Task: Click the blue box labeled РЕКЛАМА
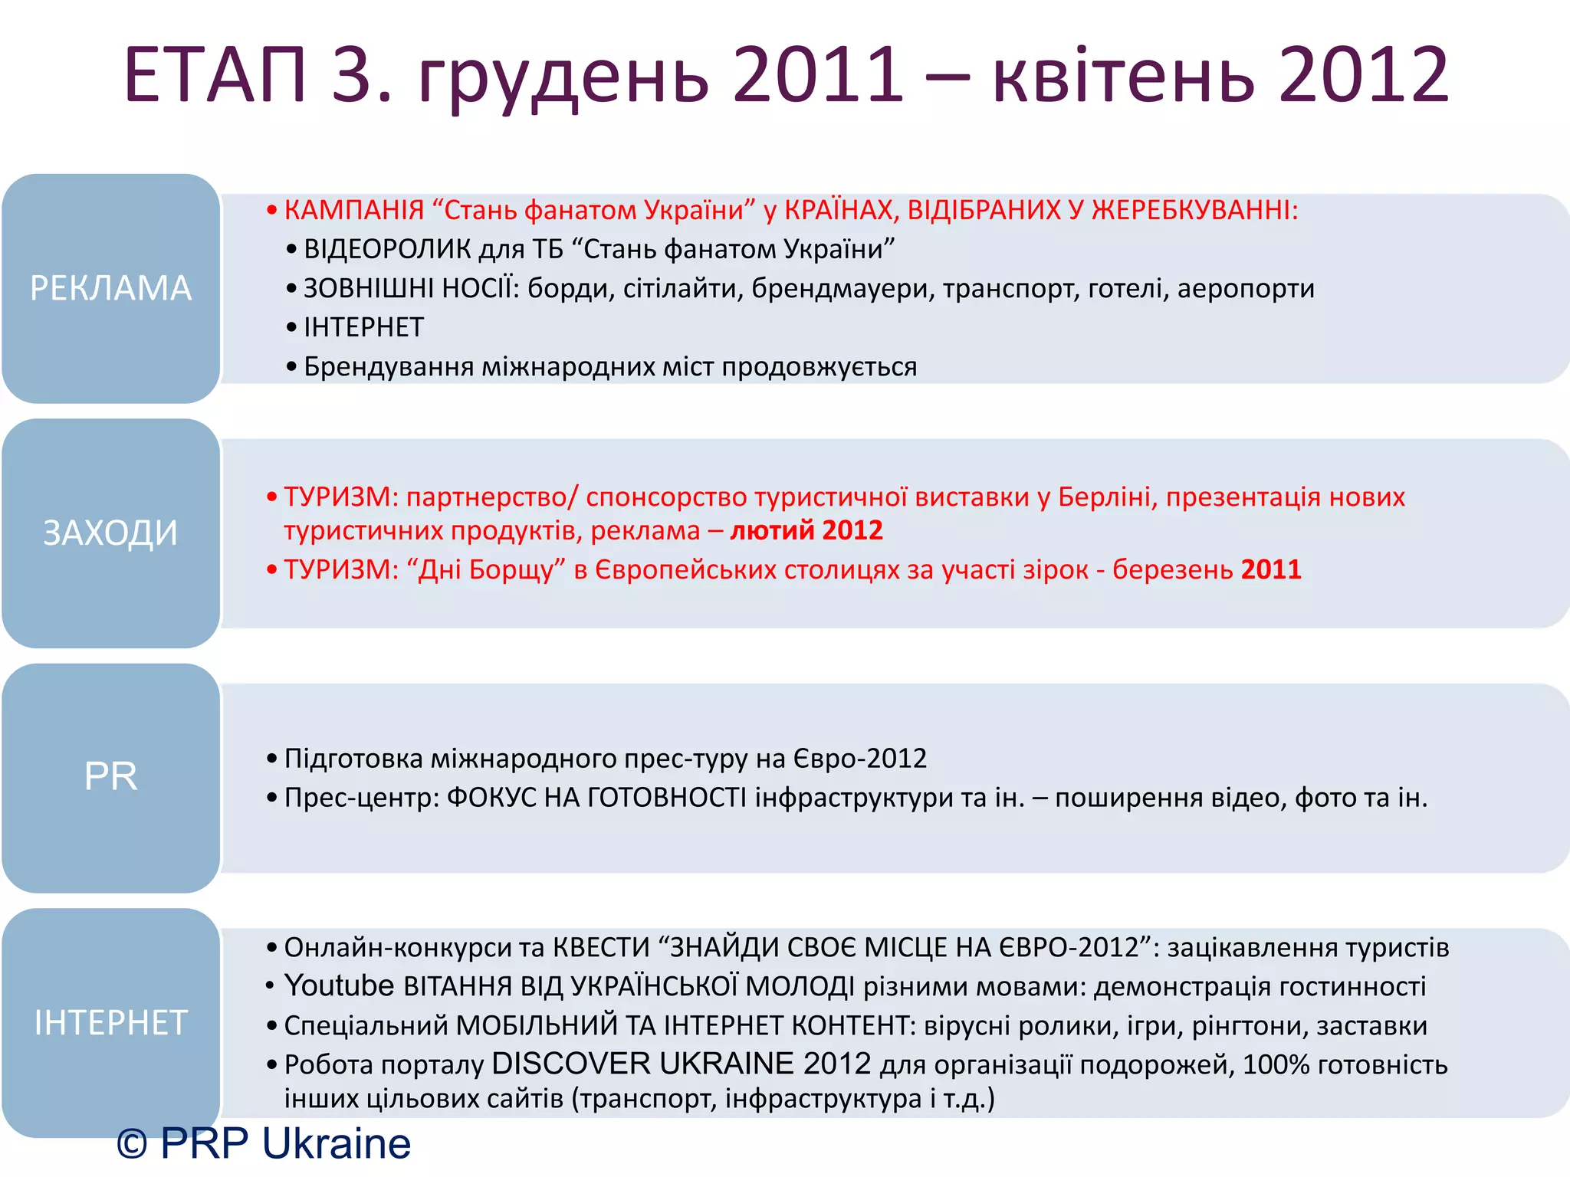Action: point(110,288)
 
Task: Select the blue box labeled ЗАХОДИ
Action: point(110,533)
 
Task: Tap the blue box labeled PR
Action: point(110,777)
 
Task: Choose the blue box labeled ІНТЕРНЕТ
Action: point(110,1022)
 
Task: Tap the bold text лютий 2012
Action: point(806,530)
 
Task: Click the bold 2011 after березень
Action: point(1271,569)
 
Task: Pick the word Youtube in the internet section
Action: point(339,985)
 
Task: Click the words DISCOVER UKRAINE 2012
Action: point(682,1064)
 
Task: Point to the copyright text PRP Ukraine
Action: point(264,1143)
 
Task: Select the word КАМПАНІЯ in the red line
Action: point(354,210)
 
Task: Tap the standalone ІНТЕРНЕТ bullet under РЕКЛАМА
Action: point(363,328)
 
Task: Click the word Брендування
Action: point(389,367)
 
